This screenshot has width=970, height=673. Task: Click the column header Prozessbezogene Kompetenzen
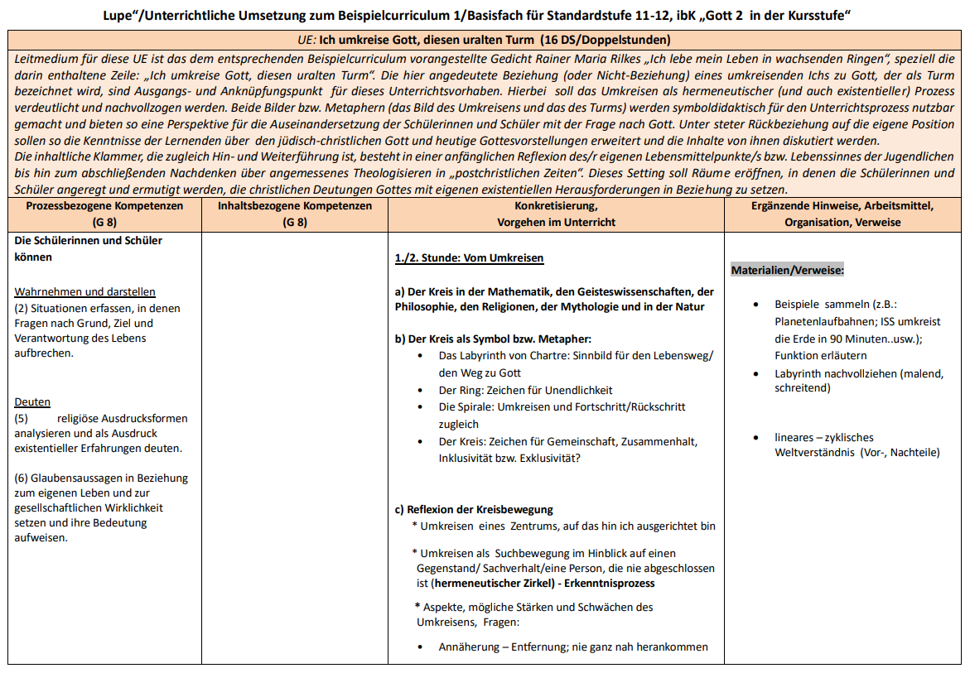(x=104, y=206)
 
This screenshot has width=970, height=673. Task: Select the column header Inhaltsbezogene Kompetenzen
(x=295, y=206)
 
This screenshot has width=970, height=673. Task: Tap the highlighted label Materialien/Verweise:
(x=787, y=271)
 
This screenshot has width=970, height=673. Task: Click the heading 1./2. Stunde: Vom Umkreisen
(x=469, y=258)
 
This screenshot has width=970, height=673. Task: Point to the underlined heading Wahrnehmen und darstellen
(x=84, y=291)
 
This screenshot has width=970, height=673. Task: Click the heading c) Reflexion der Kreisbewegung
(x=474, y=509)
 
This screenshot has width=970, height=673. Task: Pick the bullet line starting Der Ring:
(x=525, y=390)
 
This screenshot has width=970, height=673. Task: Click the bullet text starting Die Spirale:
(x=562, y=406)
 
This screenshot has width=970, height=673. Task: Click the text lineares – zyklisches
(x=823, y=437)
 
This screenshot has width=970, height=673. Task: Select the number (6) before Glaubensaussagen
(x=22, y=478)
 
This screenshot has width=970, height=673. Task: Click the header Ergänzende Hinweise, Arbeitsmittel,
(x=842, y=206)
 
